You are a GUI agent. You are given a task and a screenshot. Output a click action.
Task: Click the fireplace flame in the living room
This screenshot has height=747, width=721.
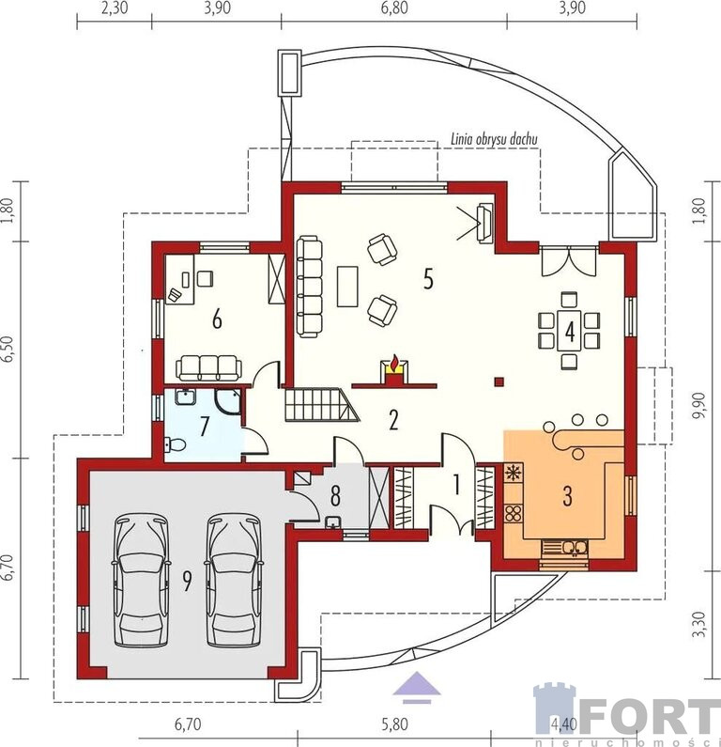(394, 363)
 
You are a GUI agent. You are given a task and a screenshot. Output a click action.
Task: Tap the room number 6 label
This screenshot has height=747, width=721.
(217, 319)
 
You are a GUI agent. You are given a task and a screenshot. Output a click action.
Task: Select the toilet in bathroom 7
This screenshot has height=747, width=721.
(175, 445)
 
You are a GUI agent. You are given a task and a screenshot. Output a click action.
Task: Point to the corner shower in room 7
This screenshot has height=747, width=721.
(227, 402)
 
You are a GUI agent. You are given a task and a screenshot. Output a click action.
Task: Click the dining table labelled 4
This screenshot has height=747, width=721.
(569, 331)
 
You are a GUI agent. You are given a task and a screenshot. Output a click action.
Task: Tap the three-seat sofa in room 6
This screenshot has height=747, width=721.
(208, 367)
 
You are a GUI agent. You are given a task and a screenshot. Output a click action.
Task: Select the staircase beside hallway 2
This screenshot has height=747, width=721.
(322, 405)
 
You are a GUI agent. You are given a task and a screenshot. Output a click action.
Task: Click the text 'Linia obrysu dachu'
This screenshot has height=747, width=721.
(495, 139)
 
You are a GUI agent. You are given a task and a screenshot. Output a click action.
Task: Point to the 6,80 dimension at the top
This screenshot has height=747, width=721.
(394, 8)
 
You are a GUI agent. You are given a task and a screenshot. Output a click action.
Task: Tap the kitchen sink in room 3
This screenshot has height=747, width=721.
(575, 548)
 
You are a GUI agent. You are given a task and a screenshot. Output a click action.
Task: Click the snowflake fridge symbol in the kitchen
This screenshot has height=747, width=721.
(513, 473)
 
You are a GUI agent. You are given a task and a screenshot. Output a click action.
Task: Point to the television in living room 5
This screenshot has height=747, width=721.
(485, 223)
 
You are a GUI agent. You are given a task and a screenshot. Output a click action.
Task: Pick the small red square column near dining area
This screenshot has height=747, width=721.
(499, 381)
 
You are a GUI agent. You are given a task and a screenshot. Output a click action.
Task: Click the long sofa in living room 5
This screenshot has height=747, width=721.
(310, 287)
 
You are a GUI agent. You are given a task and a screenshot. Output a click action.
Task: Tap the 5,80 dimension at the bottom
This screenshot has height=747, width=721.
(394, 724)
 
